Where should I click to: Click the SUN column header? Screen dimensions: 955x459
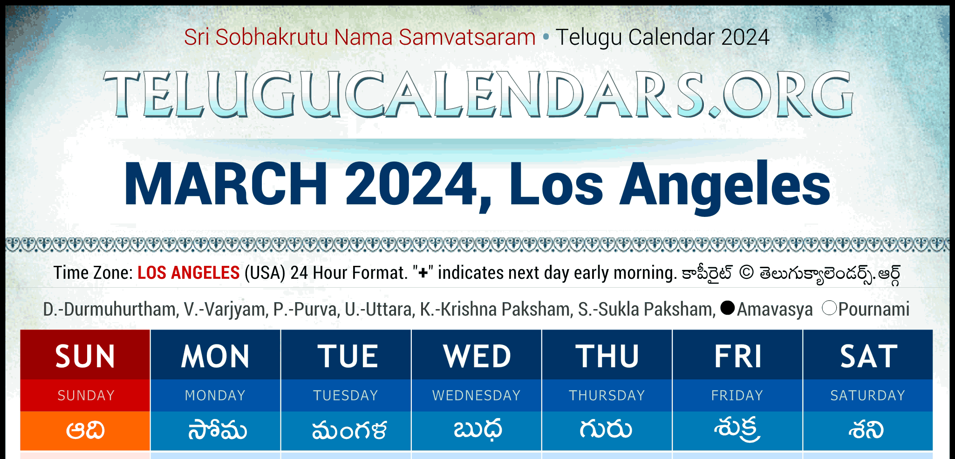[85, 357]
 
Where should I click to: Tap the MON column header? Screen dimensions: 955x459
[215, 357]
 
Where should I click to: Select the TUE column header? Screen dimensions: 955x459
[348, 357]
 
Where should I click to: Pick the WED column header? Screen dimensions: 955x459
[477, 357]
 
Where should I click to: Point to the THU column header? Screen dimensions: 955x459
[607, 357]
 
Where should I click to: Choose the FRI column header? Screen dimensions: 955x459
[738, 357]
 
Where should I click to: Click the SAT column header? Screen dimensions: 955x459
[868, 357]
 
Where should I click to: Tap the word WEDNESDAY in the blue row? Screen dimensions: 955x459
[476, 396]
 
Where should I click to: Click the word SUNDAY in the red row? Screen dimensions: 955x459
[86, 396]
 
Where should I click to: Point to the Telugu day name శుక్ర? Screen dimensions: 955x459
[737, 429]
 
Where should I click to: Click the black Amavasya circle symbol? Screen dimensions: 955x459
[727, 308]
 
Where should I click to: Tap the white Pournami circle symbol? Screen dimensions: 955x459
[829, 308]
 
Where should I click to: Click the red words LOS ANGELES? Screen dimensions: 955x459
[189, 273]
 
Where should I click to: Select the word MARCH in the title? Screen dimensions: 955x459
[226, 184]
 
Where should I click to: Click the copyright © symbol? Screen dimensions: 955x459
[746, 273]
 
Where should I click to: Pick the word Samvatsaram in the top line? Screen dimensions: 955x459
[467, 37]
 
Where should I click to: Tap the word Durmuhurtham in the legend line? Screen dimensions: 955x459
[120, 309]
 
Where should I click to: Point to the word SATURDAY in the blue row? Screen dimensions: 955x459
[867, 396]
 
